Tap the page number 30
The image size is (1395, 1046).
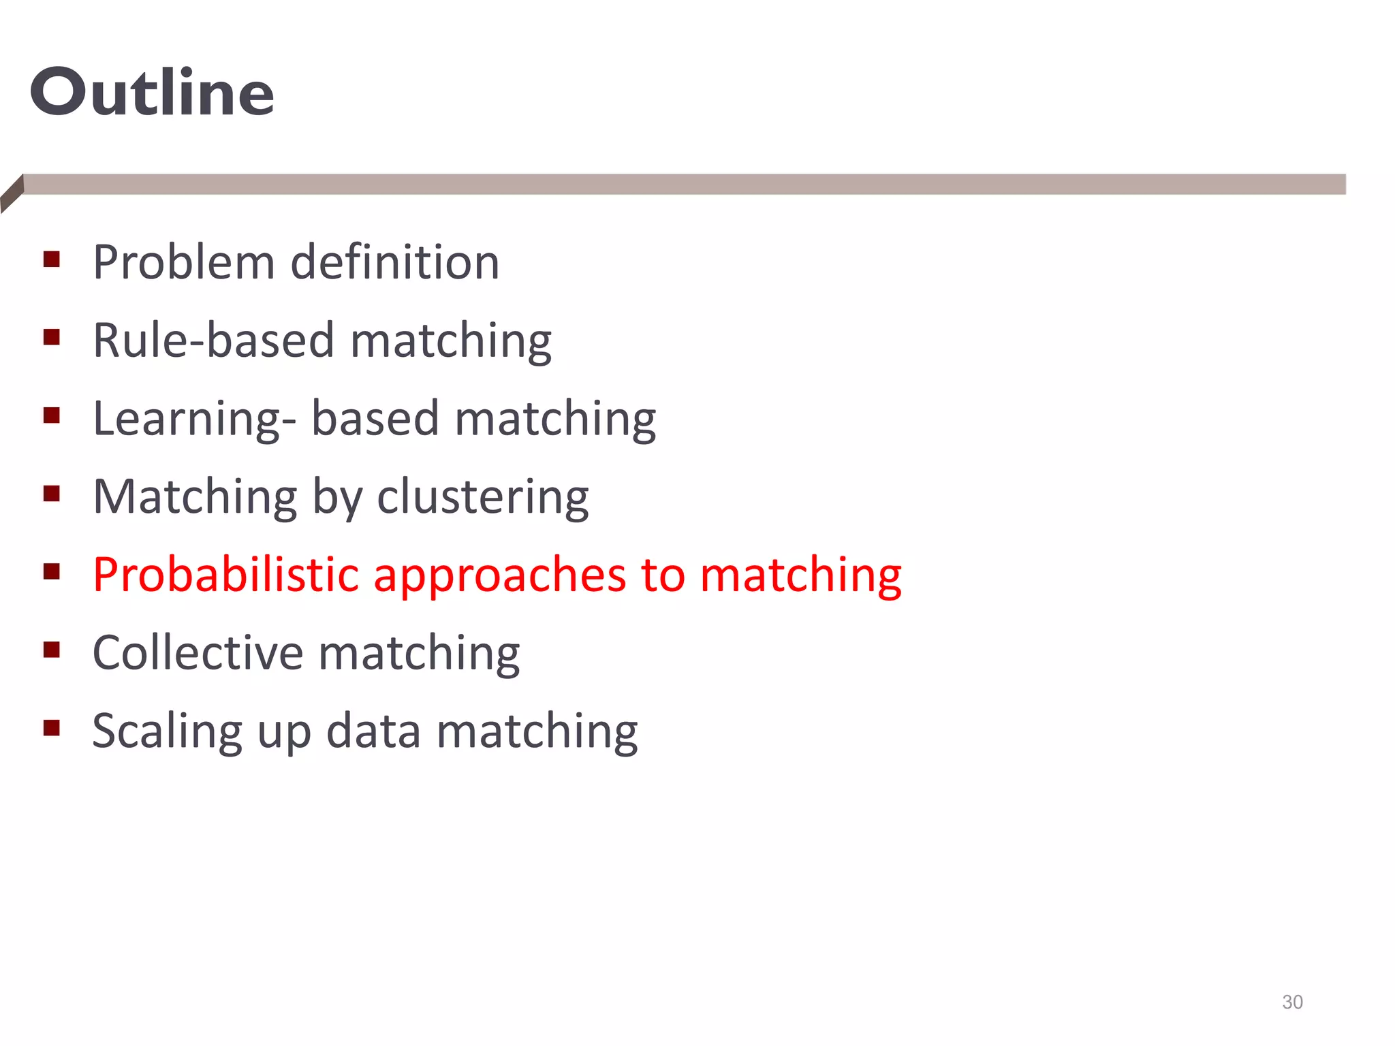click(1292, 1002)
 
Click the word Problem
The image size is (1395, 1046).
click(183, 262)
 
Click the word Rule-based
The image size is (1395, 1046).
click(213, 340)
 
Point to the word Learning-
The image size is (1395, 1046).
click(194, 419)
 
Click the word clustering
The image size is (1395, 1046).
click(482, 497)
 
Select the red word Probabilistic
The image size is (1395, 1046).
click(225, 575)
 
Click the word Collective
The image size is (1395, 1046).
click(197, 653)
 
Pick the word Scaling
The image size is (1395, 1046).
click(167, 732)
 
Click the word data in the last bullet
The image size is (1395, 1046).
click(373, 731)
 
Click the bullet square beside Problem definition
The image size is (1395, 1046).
click(52, 259)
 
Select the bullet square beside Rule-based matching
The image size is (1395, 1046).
click(52, 337)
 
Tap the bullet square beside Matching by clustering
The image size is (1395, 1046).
click(52, 493)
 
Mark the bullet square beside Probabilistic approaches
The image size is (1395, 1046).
click(52, 571)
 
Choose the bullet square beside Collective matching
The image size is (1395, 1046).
click(52, 650)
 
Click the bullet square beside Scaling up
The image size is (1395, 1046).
click(52, 728)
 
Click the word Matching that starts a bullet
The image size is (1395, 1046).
click(195, 497)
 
